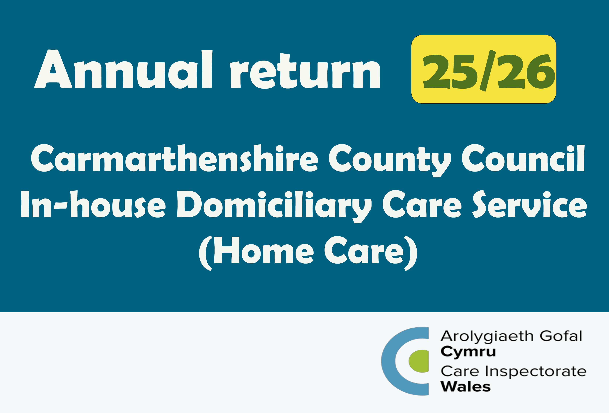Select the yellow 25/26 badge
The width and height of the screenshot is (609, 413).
click(484, 69)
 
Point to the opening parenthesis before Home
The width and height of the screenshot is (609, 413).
click(205, 253)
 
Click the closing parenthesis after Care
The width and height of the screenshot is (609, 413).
click(411, 253)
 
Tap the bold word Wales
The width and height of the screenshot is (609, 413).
click(466, 386)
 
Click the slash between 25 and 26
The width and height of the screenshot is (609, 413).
click(488, 70)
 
